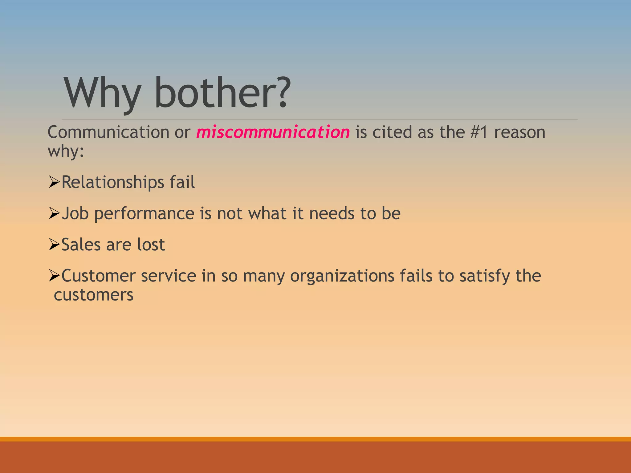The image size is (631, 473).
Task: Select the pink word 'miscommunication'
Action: [273, 132]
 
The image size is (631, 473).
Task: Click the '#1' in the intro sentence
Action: [479, 132]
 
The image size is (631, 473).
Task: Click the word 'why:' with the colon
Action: [66, 152]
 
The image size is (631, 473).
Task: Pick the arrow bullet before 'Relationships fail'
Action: [54, 182]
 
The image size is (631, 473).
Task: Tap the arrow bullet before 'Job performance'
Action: [54, 213]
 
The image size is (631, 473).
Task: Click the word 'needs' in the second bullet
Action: [332, 213]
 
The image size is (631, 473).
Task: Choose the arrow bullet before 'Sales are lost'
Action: [54, 245]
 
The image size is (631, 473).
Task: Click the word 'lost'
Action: [151, 245]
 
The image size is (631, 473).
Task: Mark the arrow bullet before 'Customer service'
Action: [54, 275]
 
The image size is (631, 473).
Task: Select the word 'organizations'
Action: [342, 276]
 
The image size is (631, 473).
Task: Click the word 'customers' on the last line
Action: [94, 295]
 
